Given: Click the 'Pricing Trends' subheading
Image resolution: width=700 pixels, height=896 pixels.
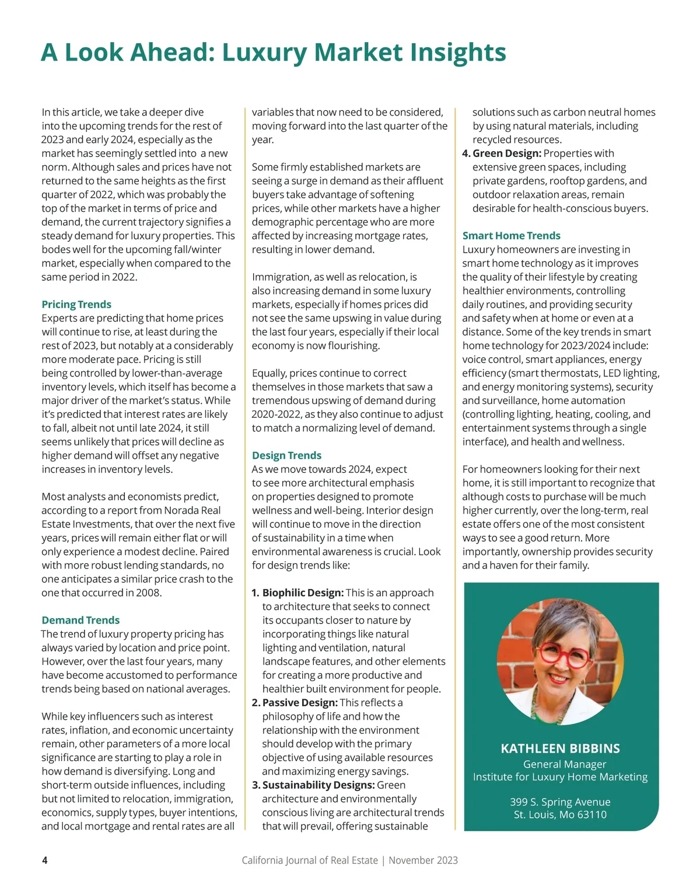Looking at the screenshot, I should pyautogui.click(x=76, y=304).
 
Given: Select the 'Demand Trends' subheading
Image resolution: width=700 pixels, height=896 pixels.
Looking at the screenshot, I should pyautogui.click(x=80, y=620).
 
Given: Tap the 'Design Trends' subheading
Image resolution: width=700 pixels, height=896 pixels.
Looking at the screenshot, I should pyautogui.click(x=286, y=455).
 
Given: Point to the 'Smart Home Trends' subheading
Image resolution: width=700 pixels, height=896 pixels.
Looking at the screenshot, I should pyautogui.click(x=511, y=236).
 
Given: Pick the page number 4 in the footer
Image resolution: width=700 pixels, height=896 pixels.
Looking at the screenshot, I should pyautogui.click(x=45, y=860).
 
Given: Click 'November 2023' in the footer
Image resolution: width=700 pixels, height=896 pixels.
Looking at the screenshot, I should pyautogui.click(x=423, y=860).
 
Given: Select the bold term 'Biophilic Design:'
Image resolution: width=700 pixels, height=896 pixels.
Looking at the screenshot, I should pyautogui.click(x=303, y=593).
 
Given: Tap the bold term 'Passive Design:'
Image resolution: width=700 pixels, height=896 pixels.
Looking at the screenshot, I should pyautogui.click(x=300, y=703).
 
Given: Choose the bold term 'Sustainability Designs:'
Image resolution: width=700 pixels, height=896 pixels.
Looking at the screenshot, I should pyautogui.click(x=318, y=785).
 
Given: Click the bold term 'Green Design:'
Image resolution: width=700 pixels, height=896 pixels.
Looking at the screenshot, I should pyautogui.click(x=507, y=154).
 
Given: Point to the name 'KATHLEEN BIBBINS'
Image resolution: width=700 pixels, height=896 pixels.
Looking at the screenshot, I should pyautogui.click(x=560, y=749).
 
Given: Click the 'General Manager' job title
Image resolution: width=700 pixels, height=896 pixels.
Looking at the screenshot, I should pyautogui.click(x=564, y=764).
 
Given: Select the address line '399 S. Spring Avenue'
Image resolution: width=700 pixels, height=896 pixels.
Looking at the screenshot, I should pyautogui.click(x=560, y=802).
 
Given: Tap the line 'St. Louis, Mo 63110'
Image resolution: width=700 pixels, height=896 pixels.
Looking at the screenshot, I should pyautogui.click(x=560, y=815).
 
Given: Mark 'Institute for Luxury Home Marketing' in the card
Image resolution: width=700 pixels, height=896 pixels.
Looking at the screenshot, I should pyautogui.click(x=560, y=777).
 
